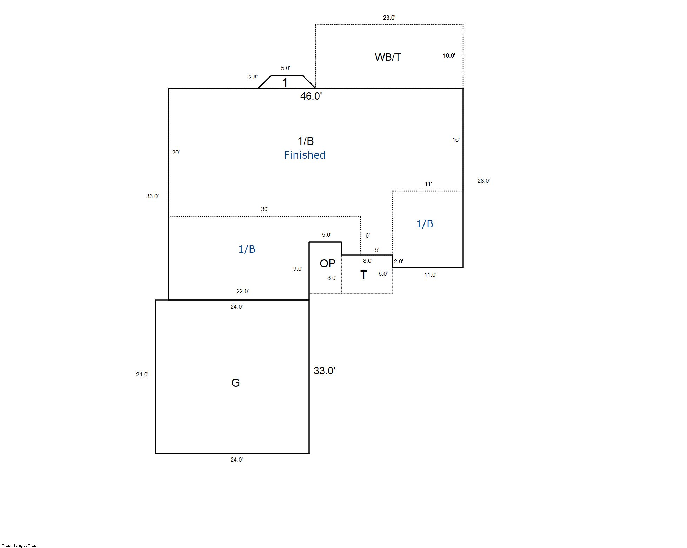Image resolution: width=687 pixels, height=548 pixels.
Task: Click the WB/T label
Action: pyautogui.click(x=388, y=57)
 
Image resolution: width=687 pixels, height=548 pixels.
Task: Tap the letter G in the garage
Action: pyautogui.click(x=235, y=383)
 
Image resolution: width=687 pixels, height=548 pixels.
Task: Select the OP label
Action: pyautogui.click(x=327, y=263)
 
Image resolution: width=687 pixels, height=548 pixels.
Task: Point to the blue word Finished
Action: pyautogui.click(x=305, y=155)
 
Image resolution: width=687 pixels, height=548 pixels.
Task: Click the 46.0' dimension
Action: pyautogui.click(x=311, y=96)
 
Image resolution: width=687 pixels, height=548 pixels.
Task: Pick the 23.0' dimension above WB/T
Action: pyautogui.click(x=389, y=18)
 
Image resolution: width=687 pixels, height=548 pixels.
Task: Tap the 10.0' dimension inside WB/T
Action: pyautogui.click(x=449, y=55)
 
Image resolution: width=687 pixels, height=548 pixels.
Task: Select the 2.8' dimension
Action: pyautogui.click(x=253, y=77)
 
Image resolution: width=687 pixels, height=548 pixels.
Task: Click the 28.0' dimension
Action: pyautogui.click(x=483, y=181)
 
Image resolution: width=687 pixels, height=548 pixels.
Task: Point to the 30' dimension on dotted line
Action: pyautogui.click(x=265, y=209)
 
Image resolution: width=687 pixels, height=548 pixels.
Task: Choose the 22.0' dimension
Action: pyautogui.click(x=242, y=291)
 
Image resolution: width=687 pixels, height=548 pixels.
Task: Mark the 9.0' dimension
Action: pyautogui.click(x=298, y=269)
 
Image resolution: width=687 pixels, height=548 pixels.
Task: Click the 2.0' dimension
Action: pyautogui.click(x=399, y=261)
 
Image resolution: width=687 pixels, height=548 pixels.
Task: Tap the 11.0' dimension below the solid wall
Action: pyautogui.click(x=430, y=275)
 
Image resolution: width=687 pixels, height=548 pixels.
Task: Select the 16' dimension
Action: pyautogui.click(x=456, y=140)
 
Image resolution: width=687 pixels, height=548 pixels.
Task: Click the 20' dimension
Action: pyautogui.click(x=176, y=152)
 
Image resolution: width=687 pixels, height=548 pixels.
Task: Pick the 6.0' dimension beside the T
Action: pyautogui.click(x=383, y=274)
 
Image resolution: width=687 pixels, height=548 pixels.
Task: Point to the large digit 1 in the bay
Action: pyautogui.click(x=285, y=83)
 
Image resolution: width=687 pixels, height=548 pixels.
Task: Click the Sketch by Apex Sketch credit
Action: pyautogui.click(x=21, y=546)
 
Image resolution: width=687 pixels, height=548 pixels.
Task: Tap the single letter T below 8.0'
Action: pyautogui.click(x=363, y=275)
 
